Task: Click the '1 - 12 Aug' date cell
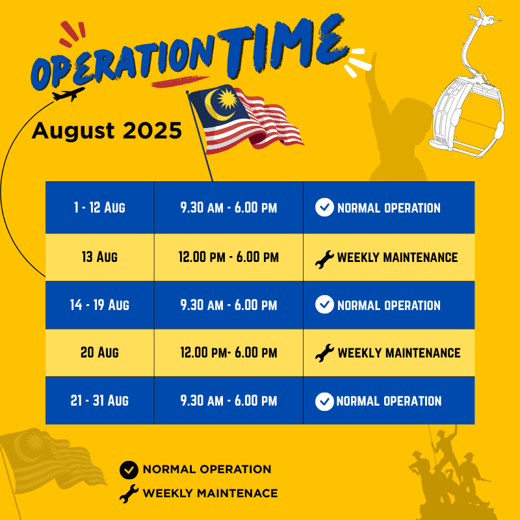pyautogui.click(x=100, y=207)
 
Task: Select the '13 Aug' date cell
pyautogui.click(x=100, y=257)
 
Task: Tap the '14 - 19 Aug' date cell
pyautogui.click(x=100, y=305)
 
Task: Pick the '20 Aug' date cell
pyautogui.click(x=100, y=352)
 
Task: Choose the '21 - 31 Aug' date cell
pyautogui.click(x=100, y=400)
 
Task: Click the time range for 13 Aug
pyautogui.click(x=229, y=257)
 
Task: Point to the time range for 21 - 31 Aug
pyautogui.click(x=229, y=400)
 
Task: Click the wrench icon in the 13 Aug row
pyautogui.click(x=324, y=259)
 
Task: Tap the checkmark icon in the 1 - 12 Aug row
pyautogui.click(x=324, y=207)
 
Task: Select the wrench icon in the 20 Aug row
pyautogui.click(x=324, y=353)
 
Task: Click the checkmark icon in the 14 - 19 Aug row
pyautogui.click(x=324, y=304)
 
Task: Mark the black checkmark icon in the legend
pyautogui.click(x=129, y=470)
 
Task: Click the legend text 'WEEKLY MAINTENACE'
pyautogui.click(x=210, y=493)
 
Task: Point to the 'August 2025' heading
pyautogui.click(x=107, y=131)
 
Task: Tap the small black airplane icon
pyautogui.click(x=69, y=94)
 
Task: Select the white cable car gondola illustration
pyautogui.click(x=467, y=83)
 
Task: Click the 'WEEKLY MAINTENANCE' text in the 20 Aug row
pyautogui.click(x=399, y=353)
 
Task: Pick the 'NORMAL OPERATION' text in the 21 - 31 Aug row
pyautogui.click(x=389, y=401)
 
